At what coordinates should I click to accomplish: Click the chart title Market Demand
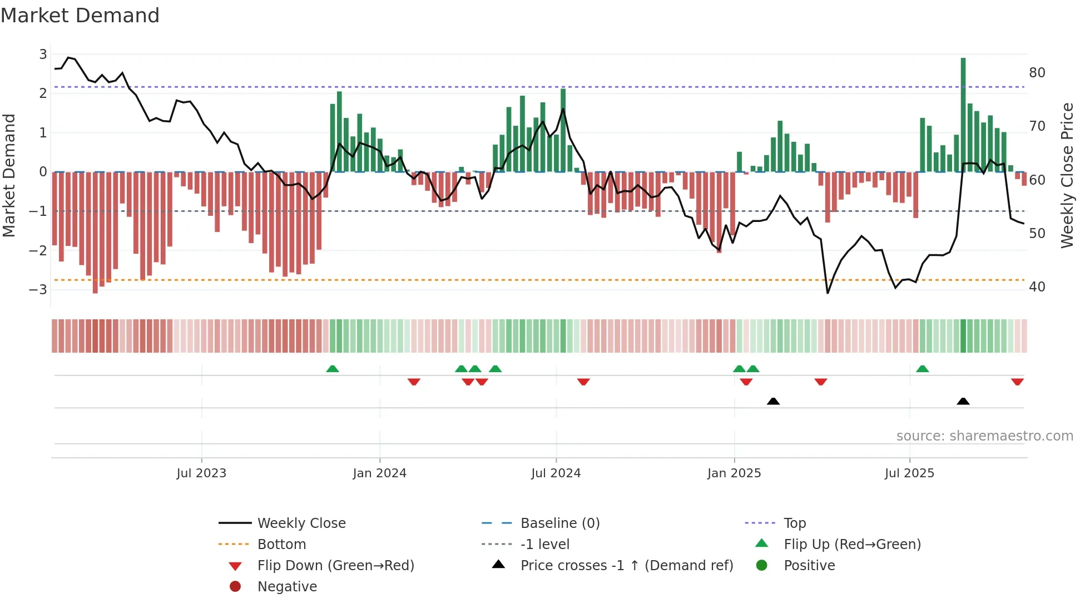(x=80, y=16)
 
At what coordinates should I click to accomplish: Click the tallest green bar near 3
(x=963, y=114)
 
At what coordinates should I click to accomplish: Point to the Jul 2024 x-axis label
(x=556, y=473)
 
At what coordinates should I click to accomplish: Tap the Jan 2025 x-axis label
(x=734, y=473)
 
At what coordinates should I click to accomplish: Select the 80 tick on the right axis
(x=1037, y=73)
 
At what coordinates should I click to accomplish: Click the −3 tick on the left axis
(x=38, y=289)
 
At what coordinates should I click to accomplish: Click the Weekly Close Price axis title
(x=1067, y=175)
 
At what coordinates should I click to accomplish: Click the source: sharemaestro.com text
(x=984, y=436)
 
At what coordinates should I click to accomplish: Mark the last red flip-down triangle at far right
(x=1017, y=382)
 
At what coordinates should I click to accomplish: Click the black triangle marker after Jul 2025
(x=963, y=401)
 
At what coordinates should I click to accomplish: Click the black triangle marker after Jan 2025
(x=773, y=401)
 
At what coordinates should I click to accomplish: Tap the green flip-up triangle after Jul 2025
(x=922, y=369)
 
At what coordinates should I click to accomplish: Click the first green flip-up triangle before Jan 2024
(x=332, y=369)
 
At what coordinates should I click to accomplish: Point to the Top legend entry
(x=794, y=523)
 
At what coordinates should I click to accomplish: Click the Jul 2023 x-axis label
(x=201, y=473)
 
